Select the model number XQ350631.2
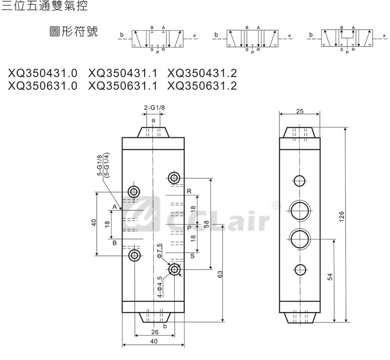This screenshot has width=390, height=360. coord(202,86)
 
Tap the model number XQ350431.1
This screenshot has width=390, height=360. coord(122,74)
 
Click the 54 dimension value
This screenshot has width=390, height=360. coord(330,278)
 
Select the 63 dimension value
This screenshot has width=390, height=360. coord(221,274)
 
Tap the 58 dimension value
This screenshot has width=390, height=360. coord(206,224)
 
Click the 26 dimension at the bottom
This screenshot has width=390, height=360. coord(154,332)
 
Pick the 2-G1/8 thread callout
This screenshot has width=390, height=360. coord(154,108)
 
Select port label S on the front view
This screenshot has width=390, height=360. coord(192,255)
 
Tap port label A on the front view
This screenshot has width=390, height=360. coord(114,206)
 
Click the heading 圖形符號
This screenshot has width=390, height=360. coord(74,33)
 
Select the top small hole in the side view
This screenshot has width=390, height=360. coord(300,181)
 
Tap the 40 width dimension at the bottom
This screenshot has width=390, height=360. coord(154,341)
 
